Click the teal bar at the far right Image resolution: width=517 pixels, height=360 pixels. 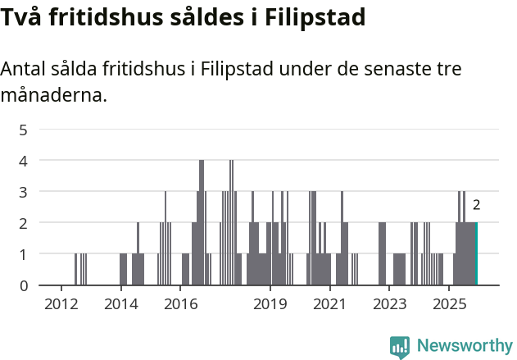475,253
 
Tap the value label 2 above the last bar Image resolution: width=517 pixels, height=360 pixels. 476,206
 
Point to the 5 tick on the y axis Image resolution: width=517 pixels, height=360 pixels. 24,130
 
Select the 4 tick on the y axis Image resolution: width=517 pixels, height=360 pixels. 24,161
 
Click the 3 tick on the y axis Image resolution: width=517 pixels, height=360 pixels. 24,192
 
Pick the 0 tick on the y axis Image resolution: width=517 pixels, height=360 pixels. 24,285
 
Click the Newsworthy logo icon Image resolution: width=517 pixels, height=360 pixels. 399,346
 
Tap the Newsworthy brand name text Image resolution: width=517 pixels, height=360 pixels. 464,346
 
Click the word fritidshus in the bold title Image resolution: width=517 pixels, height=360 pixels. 98,17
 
